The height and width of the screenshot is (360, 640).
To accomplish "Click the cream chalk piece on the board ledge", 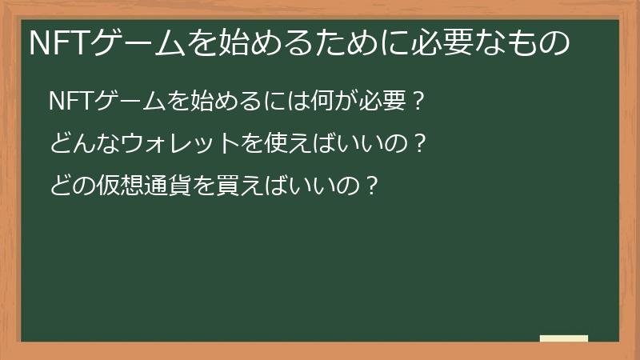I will pos(564,338).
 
